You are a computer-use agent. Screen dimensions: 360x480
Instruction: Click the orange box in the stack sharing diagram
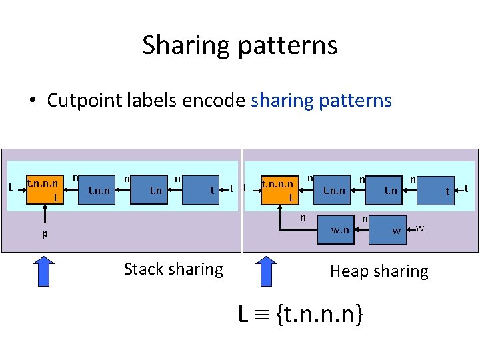(45, 190)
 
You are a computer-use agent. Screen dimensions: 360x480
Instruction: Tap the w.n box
(340, 230)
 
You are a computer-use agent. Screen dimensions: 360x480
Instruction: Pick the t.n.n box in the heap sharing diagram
(334, 190)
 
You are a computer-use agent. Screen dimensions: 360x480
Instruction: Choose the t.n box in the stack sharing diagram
(155, 190)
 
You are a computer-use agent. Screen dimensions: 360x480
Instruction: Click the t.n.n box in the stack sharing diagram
(100, 190)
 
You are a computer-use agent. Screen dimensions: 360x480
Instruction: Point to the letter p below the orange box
(45, 234)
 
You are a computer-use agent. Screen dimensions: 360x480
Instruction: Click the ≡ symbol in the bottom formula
(261, 314)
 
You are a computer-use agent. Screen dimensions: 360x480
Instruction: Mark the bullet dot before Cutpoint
(32, 101)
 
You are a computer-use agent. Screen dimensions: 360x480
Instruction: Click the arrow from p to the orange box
(45, 216)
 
